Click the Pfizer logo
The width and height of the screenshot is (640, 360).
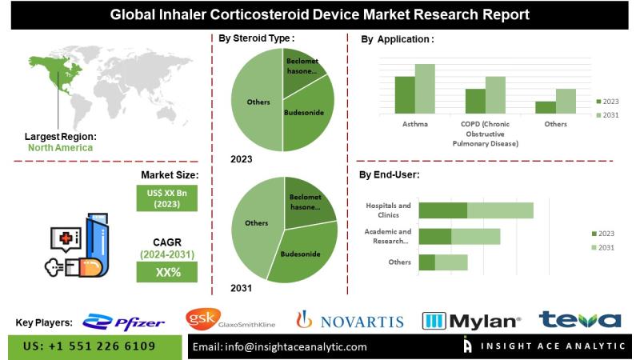(x=124, y=322)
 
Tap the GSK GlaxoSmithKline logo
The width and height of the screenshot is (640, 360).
(x=230, y=320)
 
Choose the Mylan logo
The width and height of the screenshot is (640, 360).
(x=471, y=322)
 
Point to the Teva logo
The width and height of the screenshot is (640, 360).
(x=579, y=321)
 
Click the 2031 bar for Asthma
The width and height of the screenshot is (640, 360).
(x=425, y=88)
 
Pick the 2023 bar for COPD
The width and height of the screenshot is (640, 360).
(x=475, y=101)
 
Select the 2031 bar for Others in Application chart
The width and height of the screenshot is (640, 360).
(x=566, y=101)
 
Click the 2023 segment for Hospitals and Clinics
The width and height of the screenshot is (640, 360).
(x=442, y=210)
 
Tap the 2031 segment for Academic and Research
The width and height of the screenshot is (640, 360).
(x=475, y=236)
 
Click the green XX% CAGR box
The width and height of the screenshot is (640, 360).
(x=167, y=273)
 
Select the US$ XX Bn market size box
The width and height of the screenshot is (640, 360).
(x=166, y=198)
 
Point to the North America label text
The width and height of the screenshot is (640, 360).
(x=60, y=147)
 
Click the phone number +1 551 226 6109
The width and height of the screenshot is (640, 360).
(x=94, y=346)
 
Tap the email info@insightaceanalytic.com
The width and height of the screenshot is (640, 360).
(x=281, y=346)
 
